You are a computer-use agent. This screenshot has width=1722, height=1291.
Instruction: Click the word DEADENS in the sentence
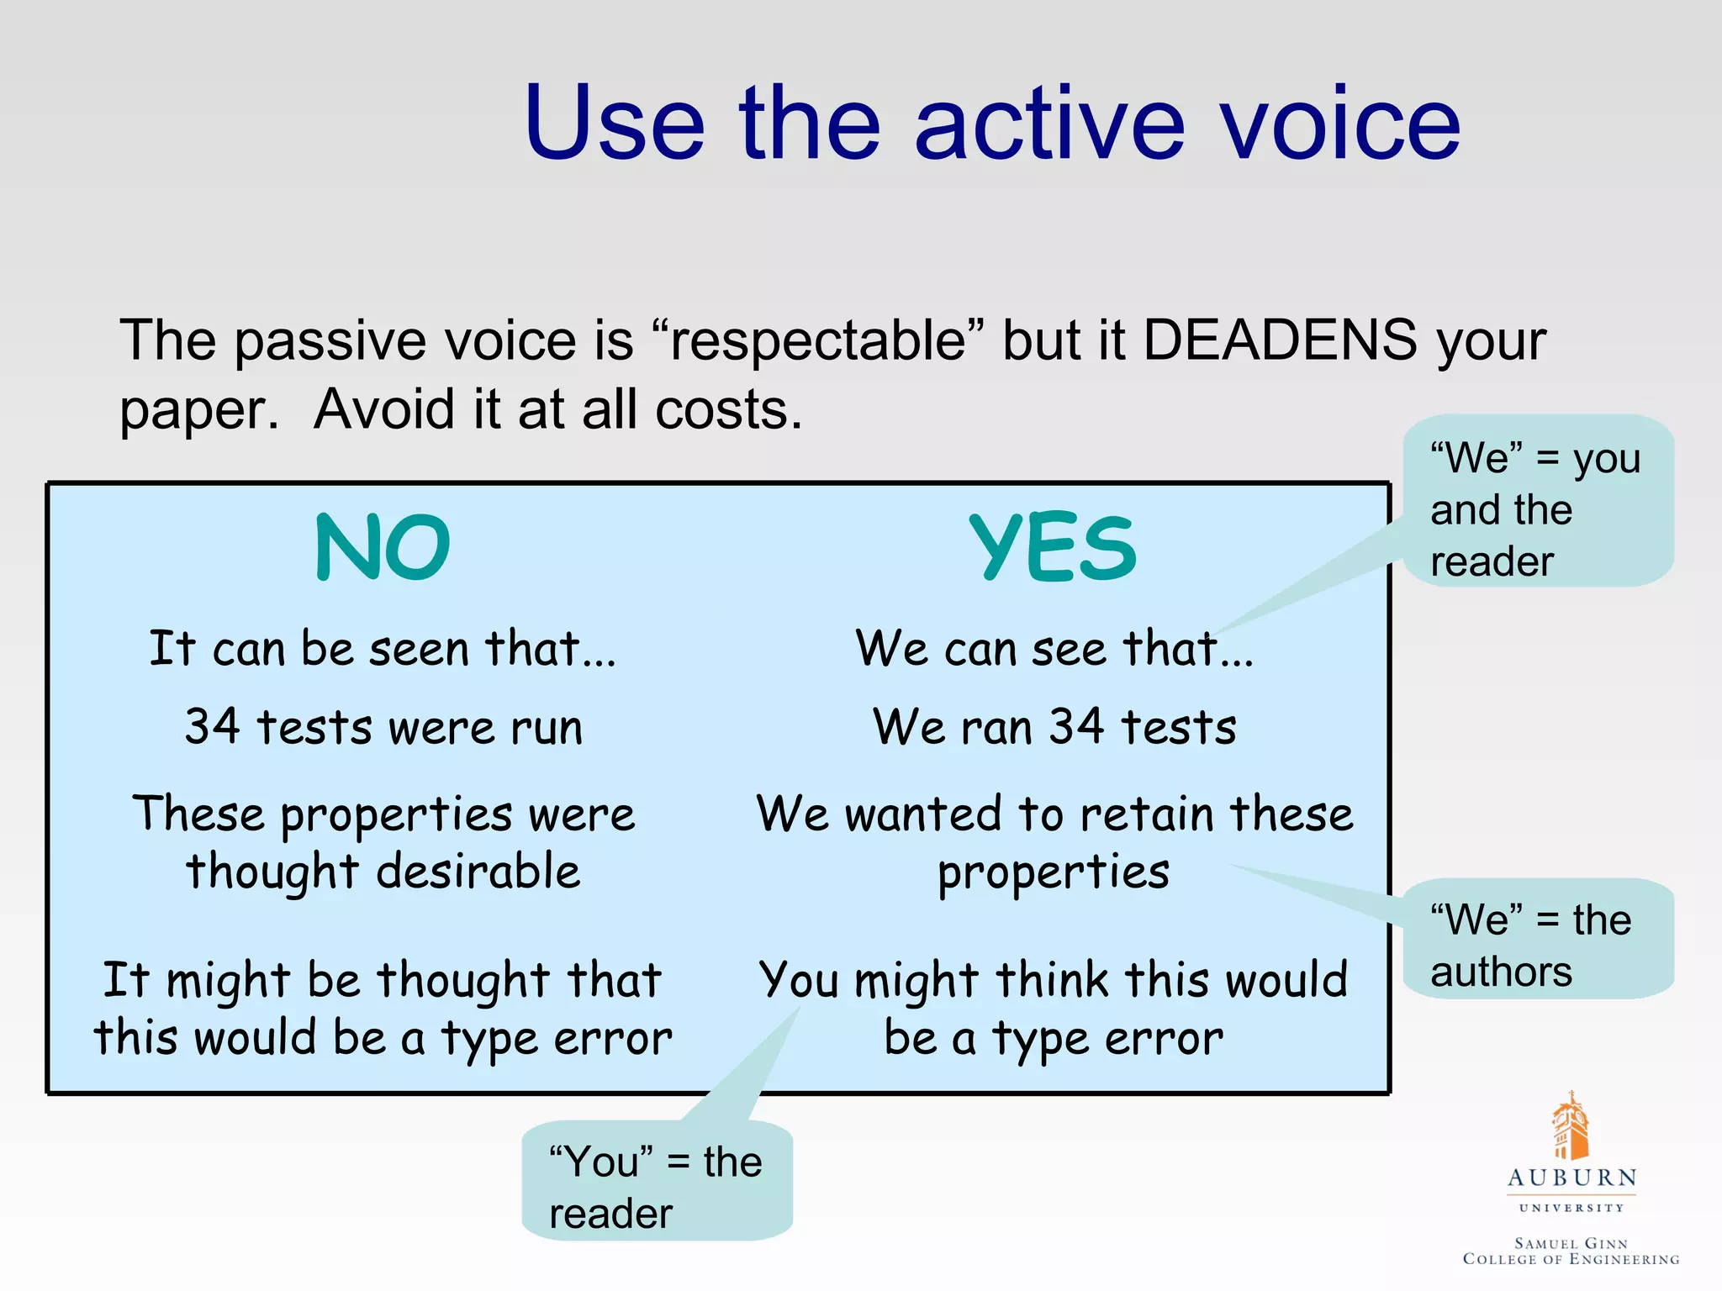pos(1280,340)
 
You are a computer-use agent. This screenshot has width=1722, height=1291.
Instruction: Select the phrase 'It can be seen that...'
pos(383,649)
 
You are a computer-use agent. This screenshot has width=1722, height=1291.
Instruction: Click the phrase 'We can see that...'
pos(1054,649)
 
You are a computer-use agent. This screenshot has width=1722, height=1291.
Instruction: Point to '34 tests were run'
pos(383,727)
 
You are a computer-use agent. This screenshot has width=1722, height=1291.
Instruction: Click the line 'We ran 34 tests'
pos(1054,727)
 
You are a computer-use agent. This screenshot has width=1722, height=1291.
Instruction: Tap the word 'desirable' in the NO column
pos(478,872)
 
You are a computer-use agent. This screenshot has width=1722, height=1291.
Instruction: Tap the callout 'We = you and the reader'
pos(1537,508)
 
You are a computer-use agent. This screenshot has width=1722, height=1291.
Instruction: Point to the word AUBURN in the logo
pos(1571,1178)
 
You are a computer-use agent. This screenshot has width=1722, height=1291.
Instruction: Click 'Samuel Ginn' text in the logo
pos(1571,1243)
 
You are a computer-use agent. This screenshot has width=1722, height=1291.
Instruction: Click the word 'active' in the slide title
pos(1049,124)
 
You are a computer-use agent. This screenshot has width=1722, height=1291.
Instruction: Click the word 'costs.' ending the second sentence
pos(728,410)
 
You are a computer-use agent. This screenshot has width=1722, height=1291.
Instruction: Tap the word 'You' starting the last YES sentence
pos(799,980)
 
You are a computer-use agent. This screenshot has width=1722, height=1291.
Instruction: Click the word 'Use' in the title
pos(614,124)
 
